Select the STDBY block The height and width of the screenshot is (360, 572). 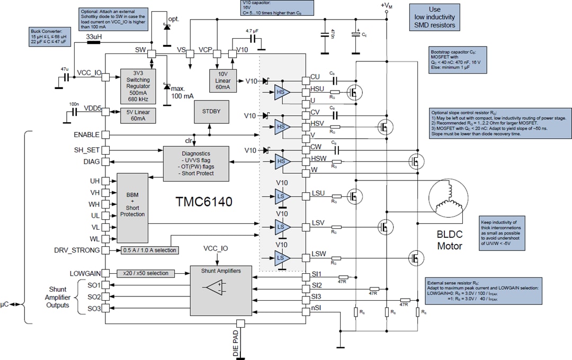click(211, 112)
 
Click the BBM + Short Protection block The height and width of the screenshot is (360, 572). click(132, 208)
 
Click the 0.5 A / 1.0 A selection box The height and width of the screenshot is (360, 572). click(149, 250)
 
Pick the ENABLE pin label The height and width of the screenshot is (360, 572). click(87, 135)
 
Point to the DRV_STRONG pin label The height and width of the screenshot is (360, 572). click(77, 250)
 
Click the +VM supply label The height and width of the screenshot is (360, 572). click(386, 5)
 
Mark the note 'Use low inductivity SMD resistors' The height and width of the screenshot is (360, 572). click(434, 17)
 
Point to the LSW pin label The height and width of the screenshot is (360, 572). click(319, 254)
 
